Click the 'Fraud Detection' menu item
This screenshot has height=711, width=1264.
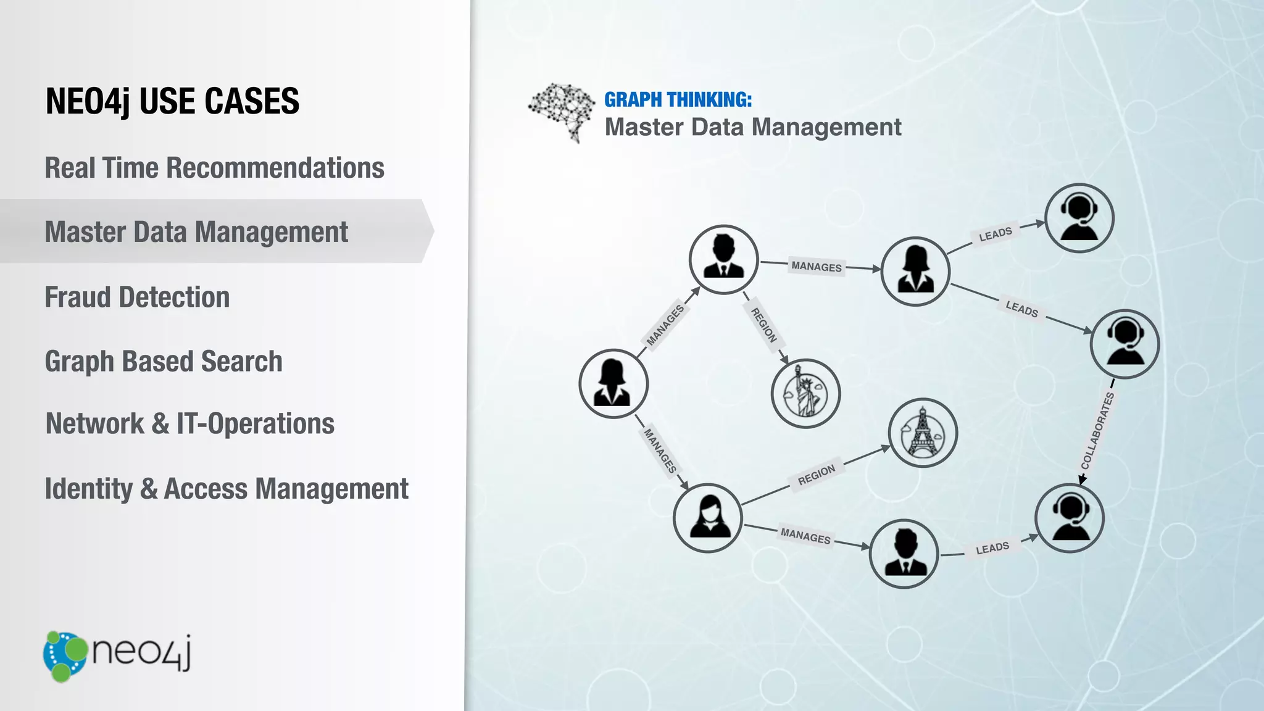[137, 297]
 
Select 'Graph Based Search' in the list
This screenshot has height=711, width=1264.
[164, 362]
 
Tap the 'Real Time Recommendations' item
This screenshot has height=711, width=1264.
[214, 168]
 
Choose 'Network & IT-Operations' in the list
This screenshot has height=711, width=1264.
[190, 424]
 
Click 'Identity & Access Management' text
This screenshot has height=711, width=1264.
[227, 489]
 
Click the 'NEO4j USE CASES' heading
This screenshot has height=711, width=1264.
[172, 101]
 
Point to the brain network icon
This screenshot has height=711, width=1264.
[560, 112]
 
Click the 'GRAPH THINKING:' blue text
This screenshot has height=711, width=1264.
[678, 99]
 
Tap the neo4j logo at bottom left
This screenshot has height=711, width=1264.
[117, 655]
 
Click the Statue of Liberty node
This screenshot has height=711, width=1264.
[805, 394]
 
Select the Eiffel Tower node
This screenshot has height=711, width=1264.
[923, 433]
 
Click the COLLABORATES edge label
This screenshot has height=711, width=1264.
[1097, 431]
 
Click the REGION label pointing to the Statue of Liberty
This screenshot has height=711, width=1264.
[763, 325]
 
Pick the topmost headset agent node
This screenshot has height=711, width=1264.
[1079, 218]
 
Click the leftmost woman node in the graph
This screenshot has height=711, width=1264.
[613, 384]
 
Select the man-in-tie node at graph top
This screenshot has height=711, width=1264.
[723, 259]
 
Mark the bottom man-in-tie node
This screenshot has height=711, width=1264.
[904, 554]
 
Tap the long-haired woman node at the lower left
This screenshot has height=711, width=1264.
[708, 518]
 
